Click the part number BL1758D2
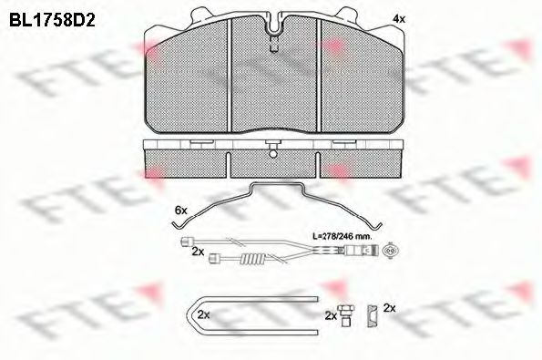point(52,20)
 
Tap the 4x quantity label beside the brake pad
point(399,19)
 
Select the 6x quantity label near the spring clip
point(180,210)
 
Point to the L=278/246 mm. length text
point(342,237)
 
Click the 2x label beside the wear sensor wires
point(198,252)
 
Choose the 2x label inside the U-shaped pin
point(204,314)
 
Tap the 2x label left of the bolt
point(331,315)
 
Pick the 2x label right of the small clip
point(390,308)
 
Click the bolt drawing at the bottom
point(345,315)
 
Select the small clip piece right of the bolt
point(373,316)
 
